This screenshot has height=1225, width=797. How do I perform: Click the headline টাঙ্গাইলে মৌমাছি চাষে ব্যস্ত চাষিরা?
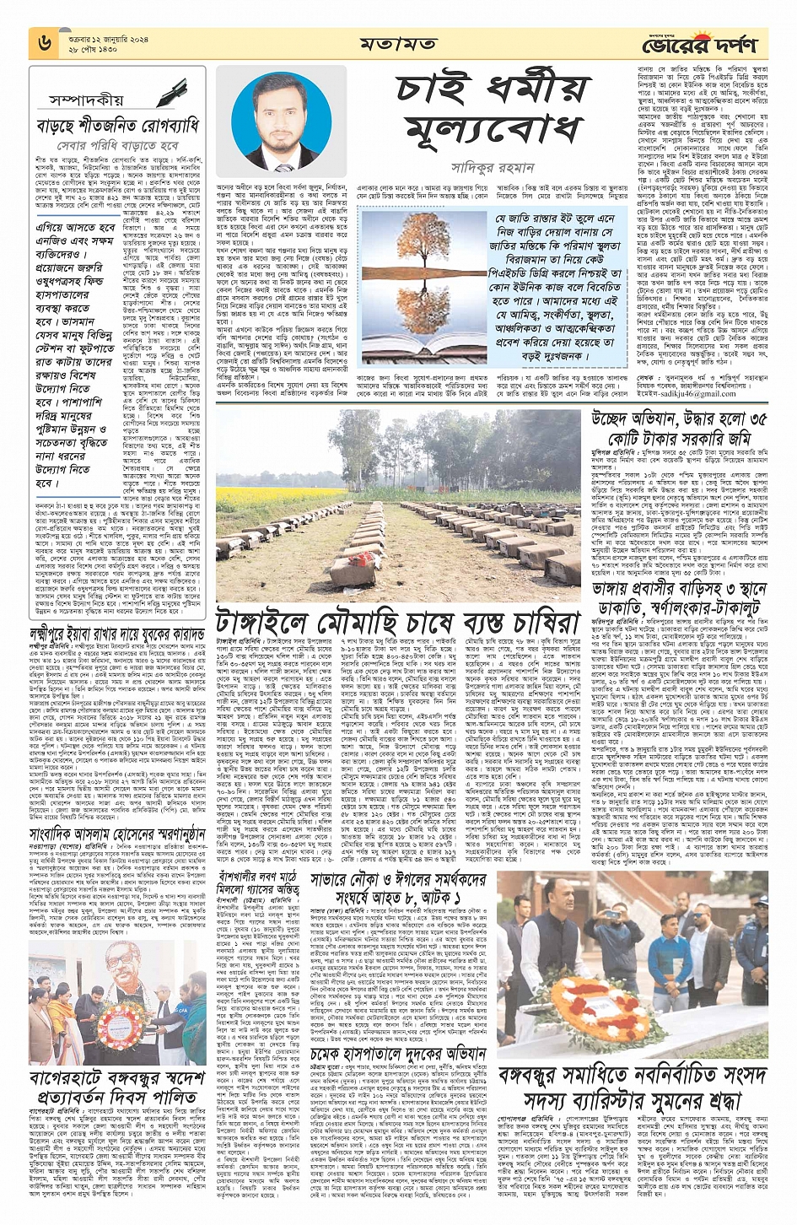(398, 621)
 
